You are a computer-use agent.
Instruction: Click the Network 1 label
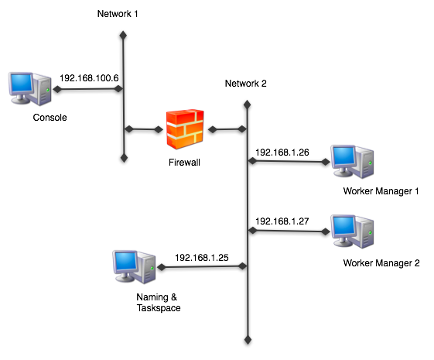[118, 14]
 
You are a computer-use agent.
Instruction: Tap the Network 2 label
[245, 84]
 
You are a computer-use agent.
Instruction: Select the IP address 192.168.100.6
[89, 78]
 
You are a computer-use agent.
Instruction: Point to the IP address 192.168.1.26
[282, 153]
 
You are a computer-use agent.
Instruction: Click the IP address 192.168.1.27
[282, 221]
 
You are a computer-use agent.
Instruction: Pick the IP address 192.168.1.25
[202, 258]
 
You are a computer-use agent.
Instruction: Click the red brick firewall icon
[185, 129]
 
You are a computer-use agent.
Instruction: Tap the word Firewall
[184, 163]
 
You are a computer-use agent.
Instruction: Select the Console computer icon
[30, 88]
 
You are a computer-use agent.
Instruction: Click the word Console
[50, 118]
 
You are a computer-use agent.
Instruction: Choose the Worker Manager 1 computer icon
[352, 162]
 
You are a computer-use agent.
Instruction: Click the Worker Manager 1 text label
[381, 191]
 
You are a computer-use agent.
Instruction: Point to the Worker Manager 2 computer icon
[352, 231]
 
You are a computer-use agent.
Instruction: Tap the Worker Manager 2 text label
[381, 263]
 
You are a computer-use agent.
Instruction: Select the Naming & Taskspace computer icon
[135, 267]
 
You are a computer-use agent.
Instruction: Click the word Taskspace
[159, 308]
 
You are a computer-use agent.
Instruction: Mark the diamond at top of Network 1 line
[123, 36]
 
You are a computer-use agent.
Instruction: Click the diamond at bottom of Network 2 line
[248, 340]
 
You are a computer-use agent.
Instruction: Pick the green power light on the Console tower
[48, 90]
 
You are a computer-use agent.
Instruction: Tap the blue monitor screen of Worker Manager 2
[343, 226]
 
